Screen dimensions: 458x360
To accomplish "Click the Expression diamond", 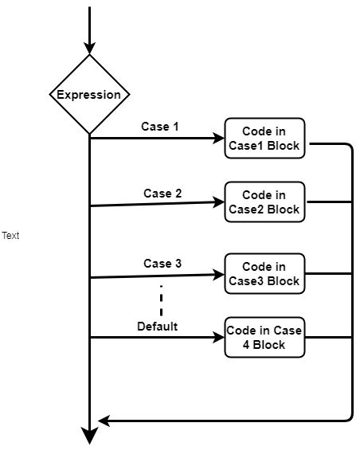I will coord(89,95).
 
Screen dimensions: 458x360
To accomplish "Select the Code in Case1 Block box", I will coord(264,138).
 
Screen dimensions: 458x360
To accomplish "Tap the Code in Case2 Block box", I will coord(264,202).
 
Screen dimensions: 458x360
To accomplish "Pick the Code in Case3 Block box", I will coord(264,273).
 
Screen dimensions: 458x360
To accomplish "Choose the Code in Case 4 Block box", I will coord(264,338).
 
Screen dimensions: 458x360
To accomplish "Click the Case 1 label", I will coord(160,126).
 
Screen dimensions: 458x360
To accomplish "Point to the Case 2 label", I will coord(162,193).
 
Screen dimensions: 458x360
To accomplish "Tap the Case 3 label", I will coord(157,263).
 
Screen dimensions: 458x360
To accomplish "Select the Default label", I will coord(157,326).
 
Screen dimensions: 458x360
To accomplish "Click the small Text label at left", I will coord(10,236).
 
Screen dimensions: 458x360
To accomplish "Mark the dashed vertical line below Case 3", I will coord(162,301).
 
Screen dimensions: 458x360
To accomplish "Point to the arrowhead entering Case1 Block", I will coord(219,139).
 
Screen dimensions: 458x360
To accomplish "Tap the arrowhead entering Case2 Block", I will coord(219,202).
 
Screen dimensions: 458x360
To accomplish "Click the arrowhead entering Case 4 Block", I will coord(219,338).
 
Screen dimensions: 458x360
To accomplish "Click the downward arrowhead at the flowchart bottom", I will coord(89,436).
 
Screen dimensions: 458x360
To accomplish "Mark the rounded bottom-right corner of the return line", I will coord(349,417).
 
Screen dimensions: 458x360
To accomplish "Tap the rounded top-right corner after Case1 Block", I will coord(348,147).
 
